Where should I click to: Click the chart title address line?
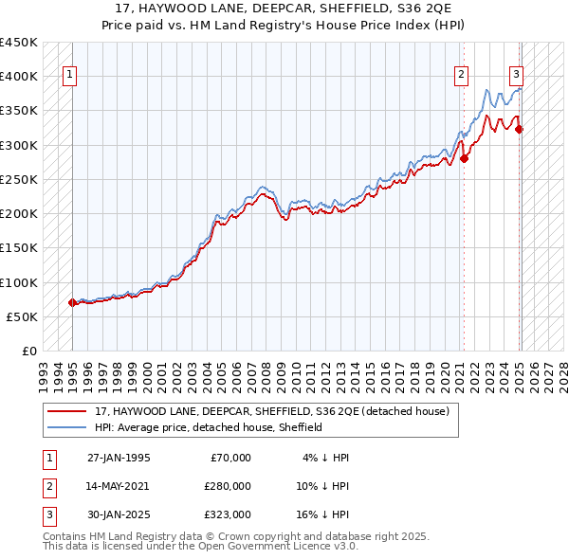(284, 9)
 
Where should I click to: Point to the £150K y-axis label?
(18, 247)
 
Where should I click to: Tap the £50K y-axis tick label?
(22, 316)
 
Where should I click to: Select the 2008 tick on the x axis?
(270, 370)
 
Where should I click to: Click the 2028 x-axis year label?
(564, 370)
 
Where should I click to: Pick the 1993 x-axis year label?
(42, 370)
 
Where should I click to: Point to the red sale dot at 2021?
(464, 158)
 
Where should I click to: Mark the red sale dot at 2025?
(520, 129)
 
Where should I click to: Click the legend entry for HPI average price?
(209, 427)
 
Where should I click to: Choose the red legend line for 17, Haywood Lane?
(68, 411)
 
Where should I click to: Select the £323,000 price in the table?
(228, 514)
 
